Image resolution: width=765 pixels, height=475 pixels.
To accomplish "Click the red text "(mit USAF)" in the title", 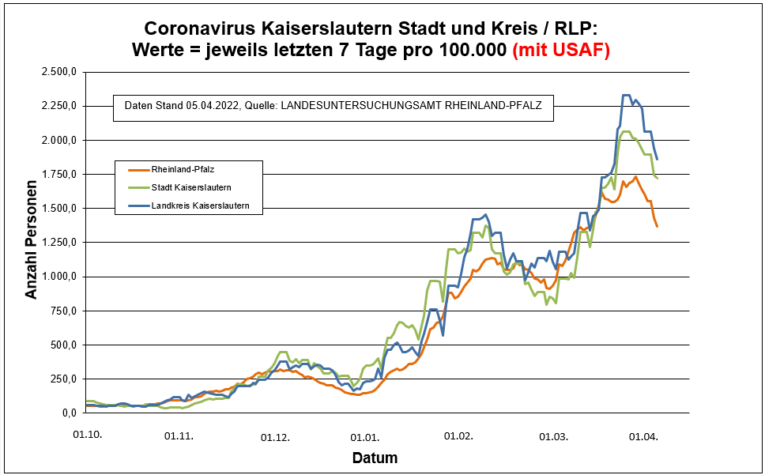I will [561, 50].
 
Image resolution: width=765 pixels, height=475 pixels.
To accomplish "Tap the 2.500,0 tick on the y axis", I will [59, 72].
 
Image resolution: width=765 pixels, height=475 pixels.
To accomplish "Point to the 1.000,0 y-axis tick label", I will [59, 277].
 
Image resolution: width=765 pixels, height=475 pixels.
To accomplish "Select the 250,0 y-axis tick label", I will [63, 379].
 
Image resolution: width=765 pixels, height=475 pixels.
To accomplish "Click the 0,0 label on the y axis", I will [68, 413].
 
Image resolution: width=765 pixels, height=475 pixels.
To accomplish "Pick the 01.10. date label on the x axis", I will [87, 435].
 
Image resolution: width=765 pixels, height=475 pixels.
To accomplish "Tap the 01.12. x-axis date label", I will [274, 435].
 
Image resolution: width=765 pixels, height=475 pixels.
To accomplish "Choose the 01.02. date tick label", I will [458, 435].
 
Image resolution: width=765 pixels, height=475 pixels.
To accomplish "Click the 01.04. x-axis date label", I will [643, 435].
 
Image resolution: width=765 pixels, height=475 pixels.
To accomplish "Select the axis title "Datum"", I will [375, 458].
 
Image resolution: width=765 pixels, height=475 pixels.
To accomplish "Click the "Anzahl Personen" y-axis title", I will [32, 243].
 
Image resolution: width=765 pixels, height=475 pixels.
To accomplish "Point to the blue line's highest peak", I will [626, 96].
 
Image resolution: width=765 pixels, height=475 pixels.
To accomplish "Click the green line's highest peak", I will [625, 132].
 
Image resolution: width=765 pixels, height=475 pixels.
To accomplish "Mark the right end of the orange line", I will [657, 227].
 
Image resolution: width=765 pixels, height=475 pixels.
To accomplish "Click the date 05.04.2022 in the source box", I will [210, 105].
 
